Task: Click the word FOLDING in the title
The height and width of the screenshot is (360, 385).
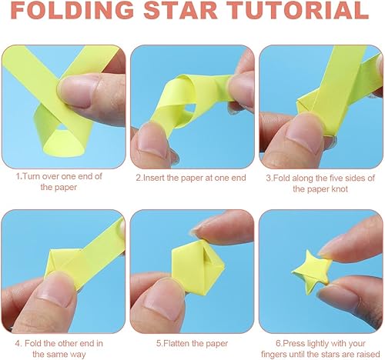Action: [x=72, y=10]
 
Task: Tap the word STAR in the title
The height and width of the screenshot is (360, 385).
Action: [x=181, y=10]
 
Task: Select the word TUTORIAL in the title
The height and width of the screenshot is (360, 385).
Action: [x=298, y=10]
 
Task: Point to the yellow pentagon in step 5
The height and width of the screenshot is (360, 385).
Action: [x=198, y=268]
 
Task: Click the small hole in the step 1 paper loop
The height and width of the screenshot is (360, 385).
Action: [x=62, y=127]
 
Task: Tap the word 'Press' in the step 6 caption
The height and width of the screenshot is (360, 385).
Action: [x=293, y=343]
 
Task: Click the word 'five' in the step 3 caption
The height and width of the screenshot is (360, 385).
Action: [x=333, y=178]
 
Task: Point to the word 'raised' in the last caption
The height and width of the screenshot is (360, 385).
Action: [x=369, y=355]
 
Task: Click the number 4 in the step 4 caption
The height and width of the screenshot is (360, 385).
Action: [x=17, y=343]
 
